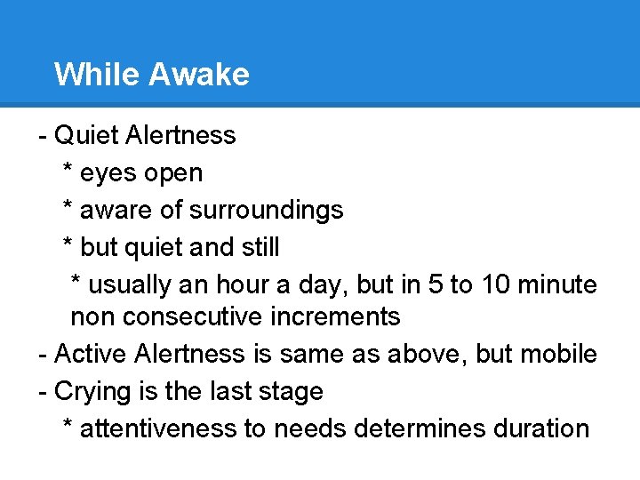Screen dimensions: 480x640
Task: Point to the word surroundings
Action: pyautogui.click(x=267, y=211)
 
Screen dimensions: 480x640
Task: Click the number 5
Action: pyautogui.click(x=436, y=285)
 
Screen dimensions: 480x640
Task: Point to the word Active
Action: pyautogui.click(x=92, y=354)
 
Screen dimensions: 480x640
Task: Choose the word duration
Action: pyautogui.click(x=540, y=428)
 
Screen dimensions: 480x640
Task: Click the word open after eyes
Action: pyautogui.click(x=174, y=173)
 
